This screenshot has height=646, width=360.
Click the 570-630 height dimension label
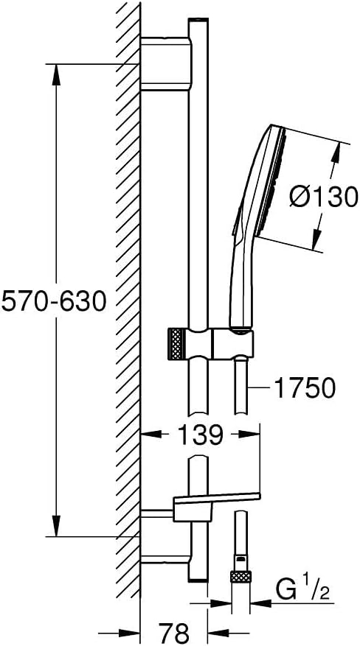[54, 301]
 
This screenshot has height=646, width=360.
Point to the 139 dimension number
[201, 435]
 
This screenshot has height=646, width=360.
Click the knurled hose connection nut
[240, 576]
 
